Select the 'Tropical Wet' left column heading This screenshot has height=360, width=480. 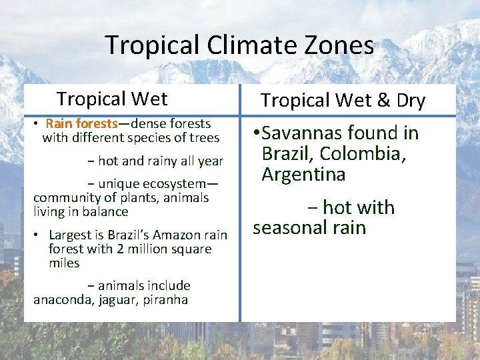click(112, 99)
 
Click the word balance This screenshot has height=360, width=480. click(103, 212)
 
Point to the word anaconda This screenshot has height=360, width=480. click(62, 300)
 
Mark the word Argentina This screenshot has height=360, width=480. click(303, 175)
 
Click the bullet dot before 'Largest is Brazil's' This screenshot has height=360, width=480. click(39, 235)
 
